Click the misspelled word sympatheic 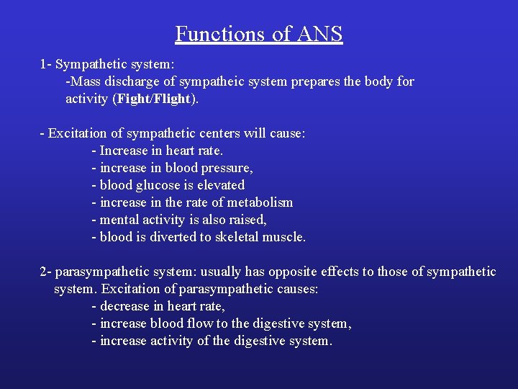pos(255,81)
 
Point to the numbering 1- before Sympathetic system pos(45,64)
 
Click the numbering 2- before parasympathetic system pos(45,272)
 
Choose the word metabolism pos(257,202)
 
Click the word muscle pos(286,237)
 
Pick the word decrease pos(125,306)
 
